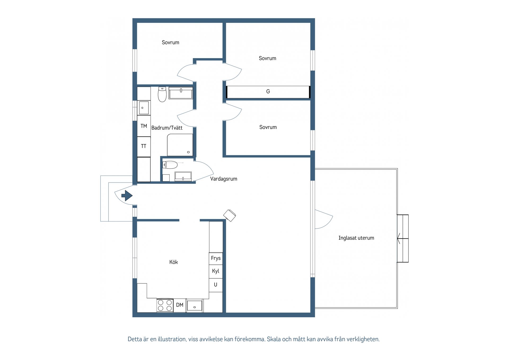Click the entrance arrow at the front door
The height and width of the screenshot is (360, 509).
(x=127, y=196)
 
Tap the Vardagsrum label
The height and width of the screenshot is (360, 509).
(x=224, y=179)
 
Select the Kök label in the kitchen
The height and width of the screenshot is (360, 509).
(x=174, y=262)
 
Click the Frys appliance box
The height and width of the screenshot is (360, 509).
(x=216, y=258)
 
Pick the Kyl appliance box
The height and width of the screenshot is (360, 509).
(x=216, y=271)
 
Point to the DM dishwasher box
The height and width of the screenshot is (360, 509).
(x=180, y=305)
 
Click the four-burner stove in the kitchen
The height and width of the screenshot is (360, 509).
(x=165, y=305)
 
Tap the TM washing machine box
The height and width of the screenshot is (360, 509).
(x=144, y=126)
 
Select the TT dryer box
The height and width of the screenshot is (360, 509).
(x=144, y=146)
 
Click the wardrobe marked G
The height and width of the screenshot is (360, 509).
(x=268, y=92)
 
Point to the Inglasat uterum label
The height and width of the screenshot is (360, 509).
(x=356, y=238)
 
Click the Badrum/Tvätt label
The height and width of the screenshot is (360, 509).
(x=167, y=128)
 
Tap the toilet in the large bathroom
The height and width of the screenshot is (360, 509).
(x=162, y=94)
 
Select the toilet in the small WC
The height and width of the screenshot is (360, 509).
(x=170, y=165)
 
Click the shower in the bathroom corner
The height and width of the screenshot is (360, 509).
(x=180, y=145)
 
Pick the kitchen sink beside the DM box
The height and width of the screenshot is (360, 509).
(x=195, y=306)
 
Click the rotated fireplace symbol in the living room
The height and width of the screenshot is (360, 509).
(x=230, y=215)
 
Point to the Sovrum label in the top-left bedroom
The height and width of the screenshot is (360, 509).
(x=170, y=42)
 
